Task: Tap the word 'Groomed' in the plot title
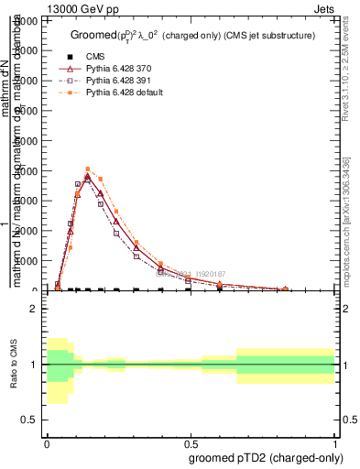point(91,36)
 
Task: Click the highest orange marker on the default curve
point(87,169)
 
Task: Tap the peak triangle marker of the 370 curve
point(87,177)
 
